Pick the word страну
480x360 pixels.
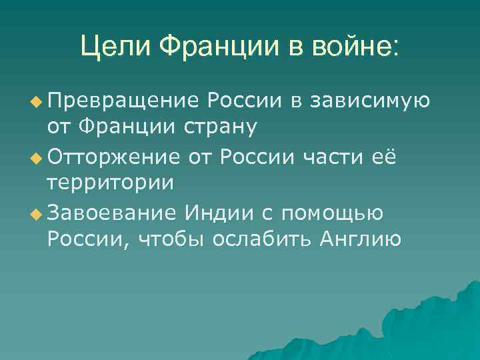224,127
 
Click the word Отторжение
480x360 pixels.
113,157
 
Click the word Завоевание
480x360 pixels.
112,213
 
